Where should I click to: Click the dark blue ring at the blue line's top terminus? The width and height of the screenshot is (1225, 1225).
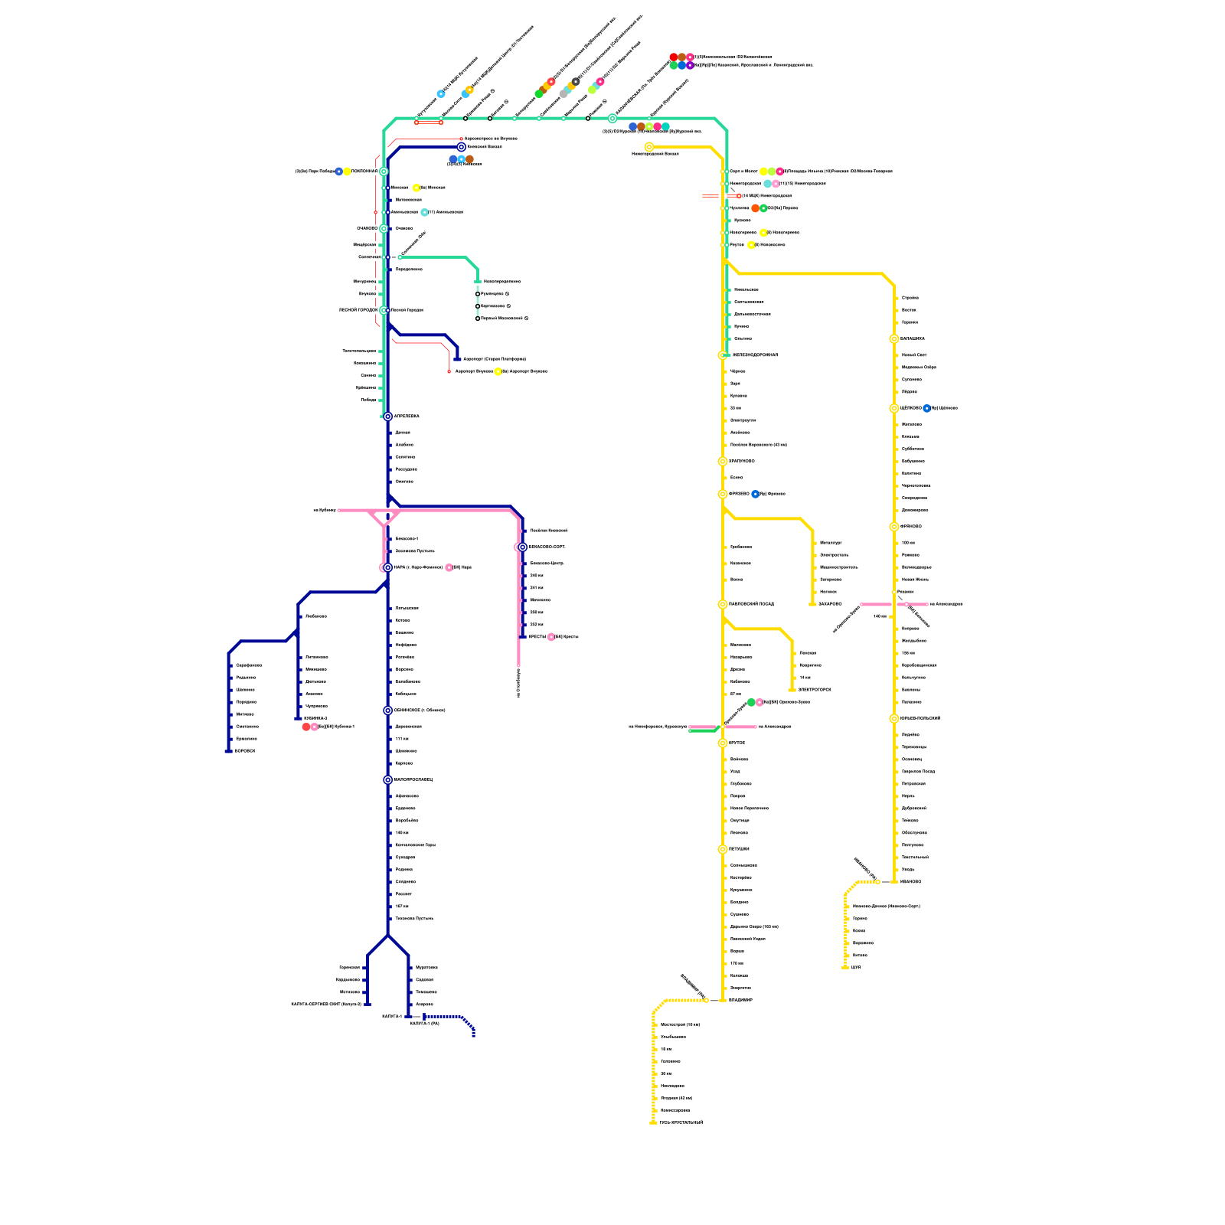click(x=461, y=147)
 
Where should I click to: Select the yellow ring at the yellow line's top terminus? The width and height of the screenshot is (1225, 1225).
click(x=649, y=147)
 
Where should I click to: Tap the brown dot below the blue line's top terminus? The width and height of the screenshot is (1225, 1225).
click(x=469, y=159)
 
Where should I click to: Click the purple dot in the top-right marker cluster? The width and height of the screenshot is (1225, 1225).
click(x=690, y=66)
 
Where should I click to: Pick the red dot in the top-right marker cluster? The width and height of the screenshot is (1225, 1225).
click(x=674, y=57)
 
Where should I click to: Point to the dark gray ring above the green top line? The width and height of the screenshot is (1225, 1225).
click(x=576, y=81)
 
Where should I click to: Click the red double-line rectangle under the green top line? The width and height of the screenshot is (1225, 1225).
click(x=429, y=122)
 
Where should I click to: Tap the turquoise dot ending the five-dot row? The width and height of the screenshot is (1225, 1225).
click(x=665, y=126)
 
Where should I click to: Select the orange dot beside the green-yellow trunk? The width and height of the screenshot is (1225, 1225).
click(x=756, y=208)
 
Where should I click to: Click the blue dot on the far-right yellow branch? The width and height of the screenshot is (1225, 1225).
click(x=926, y=408)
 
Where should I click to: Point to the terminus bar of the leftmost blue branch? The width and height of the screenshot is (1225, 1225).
click(x=228, y=751)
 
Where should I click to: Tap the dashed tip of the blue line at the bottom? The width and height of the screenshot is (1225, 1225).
click(x=474, y=1034)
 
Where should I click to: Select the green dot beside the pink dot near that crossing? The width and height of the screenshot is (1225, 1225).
click(x=751, y=702)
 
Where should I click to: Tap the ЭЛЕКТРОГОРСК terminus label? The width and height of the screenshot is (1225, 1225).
click(x=815, y=690)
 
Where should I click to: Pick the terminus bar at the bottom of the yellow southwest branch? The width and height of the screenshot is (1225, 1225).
click(x=653, y=1122)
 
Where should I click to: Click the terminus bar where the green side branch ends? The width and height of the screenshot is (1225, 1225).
click(x=478, y=282)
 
